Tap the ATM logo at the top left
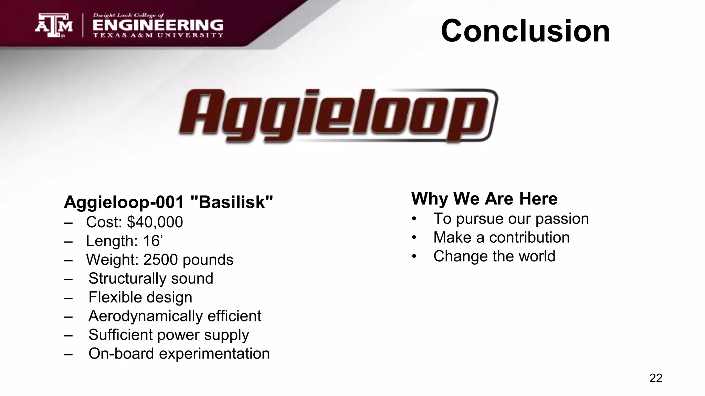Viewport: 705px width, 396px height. pyautogui.click(x=54, y=25)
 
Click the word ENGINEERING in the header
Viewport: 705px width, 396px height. pyautogui.click(x=158, y=25)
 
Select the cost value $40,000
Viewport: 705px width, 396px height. pyautogui.click(x=155, y=222)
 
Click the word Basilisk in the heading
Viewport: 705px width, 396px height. pyautogui.click(x=232, y=202)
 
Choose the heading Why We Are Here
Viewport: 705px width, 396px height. pyautogui.click(x=484, y=198)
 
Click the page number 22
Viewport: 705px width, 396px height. pyautogui.click(x=655, y=378)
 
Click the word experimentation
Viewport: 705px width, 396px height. pyautogui.click(x=214, y=354)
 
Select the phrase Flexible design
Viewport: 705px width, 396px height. pyautogui.click(x=140, y=297)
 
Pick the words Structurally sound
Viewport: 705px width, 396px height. pyautogui.click(x=150, y=278)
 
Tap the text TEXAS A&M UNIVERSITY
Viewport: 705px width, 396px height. pyautogui.click(x=158, y=35)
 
